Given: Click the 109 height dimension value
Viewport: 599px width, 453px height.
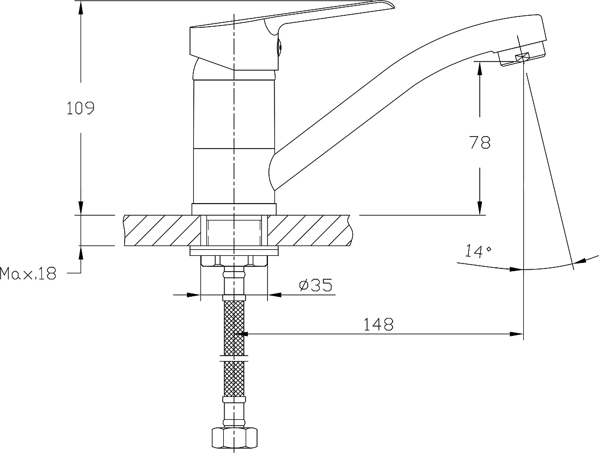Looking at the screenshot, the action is pos(80,108).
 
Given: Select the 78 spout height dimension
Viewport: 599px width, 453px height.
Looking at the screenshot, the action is pos(480,143).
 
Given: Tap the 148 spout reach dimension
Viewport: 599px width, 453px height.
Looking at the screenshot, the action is pos(378,325).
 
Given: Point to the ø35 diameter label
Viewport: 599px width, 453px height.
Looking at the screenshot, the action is pos(315,285).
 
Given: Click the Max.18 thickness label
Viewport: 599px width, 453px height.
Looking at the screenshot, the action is pos(28,273).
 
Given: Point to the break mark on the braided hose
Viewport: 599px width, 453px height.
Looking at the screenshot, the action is pos(234,359).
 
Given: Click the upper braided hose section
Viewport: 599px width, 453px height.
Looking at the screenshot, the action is pos(234,327).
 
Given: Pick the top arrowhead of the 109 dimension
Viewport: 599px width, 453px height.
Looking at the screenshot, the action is pos(81,7).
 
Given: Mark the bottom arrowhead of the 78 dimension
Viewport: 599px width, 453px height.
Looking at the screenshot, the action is pos(480,209).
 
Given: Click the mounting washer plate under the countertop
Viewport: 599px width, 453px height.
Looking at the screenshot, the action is pos(234,251).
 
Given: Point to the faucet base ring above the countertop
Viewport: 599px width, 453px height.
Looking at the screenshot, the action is pos(234,209).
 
